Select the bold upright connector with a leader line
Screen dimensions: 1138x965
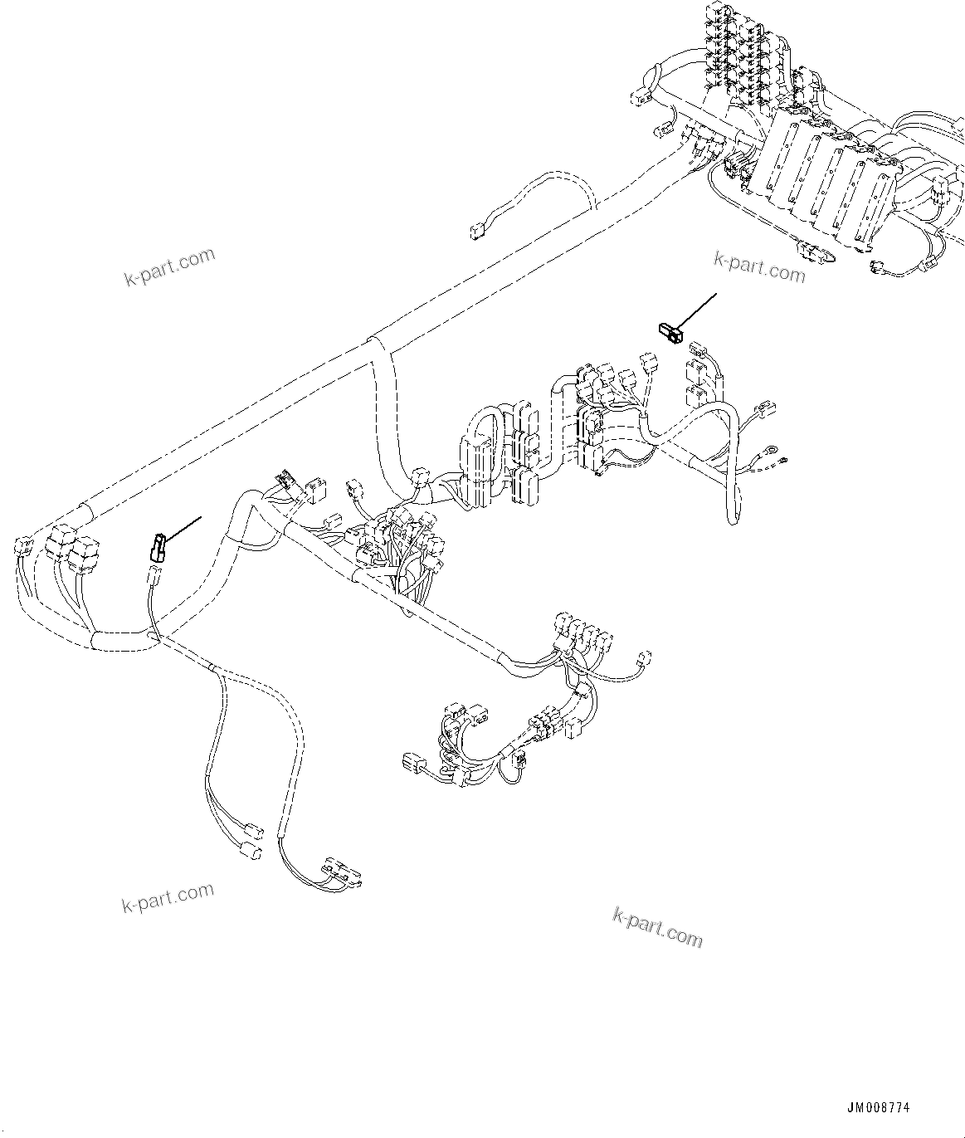point(157,547)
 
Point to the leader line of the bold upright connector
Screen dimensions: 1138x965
point(183,529)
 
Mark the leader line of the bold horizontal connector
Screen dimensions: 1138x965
point(697,311)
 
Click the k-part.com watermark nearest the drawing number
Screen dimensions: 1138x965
point(657,928)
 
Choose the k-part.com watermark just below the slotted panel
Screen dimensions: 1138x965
point(759,266)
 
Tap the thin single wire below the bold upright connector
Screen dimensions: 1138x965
point(151,598)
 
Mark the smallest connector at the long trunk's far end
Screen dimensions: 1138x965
point(22,546)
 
